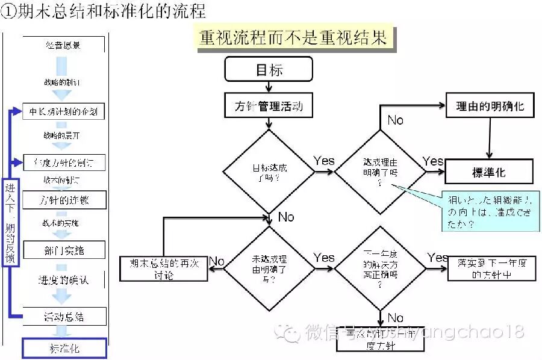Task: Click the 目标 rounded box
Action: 269,69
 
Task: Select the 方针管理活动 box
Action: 269,107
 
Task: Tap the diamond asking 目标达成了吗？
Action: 269,172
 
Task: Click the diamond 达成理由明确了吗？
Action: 380,172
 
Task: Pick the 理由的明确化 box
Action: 490,107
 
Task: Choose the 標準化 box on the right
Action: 489,172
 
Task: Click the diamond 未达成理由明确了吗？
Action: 269,268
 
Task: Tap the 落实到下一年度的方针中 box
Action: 491,268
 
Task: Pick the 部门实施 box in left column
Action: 64,250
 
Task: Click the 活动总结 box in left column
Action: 64,317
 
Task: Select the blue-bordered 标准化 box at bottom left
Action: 64,349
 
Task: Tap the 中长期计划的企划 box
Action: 64,111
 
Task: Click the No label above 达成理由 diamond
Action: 395,120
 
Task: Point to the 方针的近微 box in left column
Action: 64,200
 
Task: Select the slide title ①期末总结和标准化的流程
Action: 104,12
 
